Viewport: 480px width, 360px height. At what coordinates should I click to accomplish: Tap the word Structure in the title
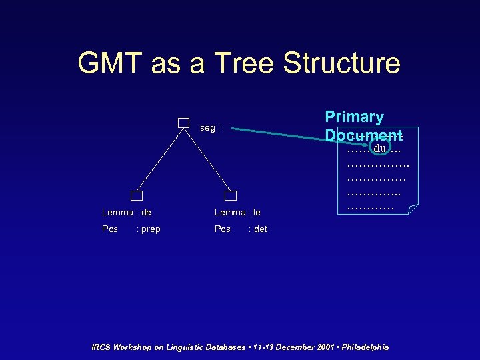341,63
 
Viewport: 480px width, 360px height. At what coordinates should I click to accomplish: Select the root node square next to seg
184,123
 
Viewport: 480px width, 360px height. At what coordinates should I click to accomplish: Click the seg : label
210,127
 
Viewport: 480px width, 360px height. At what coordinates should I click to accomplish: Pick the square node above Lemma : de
137,195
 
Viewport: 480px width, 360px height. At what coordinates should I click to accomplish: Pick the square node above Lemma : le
231,195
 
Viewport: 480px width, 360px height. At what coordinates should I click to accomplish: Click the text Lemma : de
126,213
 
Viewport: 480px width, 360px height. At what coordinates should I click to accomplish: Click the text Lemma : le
237,213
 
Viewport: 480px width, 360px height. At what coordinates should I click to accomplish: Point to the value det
258,229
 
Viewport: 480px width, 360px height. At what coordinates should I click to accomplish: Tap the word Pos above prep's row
110,229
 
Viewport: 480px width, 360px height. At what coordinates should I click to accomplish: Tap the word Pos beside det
223,229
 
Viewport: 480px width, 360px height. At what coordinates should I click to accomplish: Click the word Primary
354,117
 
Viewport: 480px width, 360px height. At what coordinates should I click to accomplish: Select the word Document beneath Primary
363,134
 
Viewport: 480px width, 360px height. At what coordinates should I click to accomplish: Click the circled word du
381,147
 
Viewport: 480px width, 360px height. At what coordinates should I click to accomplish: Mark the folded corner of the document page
413,209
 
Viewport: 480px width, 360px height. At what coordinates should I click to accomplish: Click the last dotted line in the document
371,209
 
